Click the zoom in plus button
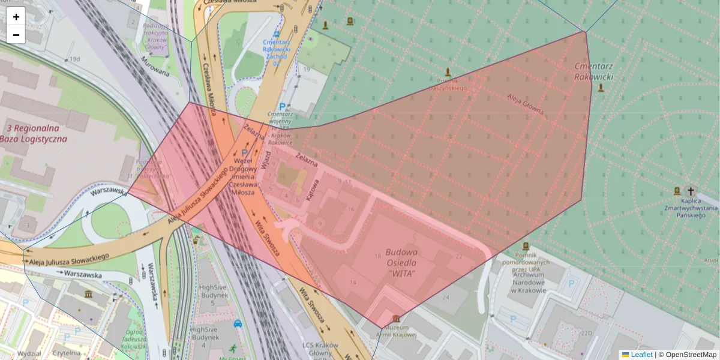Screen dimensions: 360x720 pos(16,17)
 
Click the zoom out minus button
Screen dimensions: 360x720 pos(16,35)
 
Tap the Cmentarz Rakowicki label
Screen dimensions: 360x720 pos(593,71)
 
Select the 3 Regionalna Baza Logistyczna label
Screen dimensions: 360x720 pos(33,133)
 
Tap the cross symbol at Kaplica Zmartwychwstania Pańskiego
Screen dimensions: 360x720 pos(691,189)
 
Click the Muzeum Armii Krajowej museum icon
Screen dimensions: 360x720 pos(395,318)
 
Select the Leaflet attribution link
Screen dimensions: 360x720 pos(641,355)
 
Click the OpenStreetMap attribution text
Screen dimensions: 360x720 pos(691,355)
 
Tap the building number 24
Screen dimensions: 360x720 pos(446,297)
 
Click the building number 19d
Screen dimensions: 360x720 pos(74,59)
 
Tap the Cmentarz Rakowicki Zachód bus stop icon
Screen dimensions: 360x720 pos(277,34)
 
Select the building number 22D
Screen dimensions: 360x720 pos(586,334)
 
